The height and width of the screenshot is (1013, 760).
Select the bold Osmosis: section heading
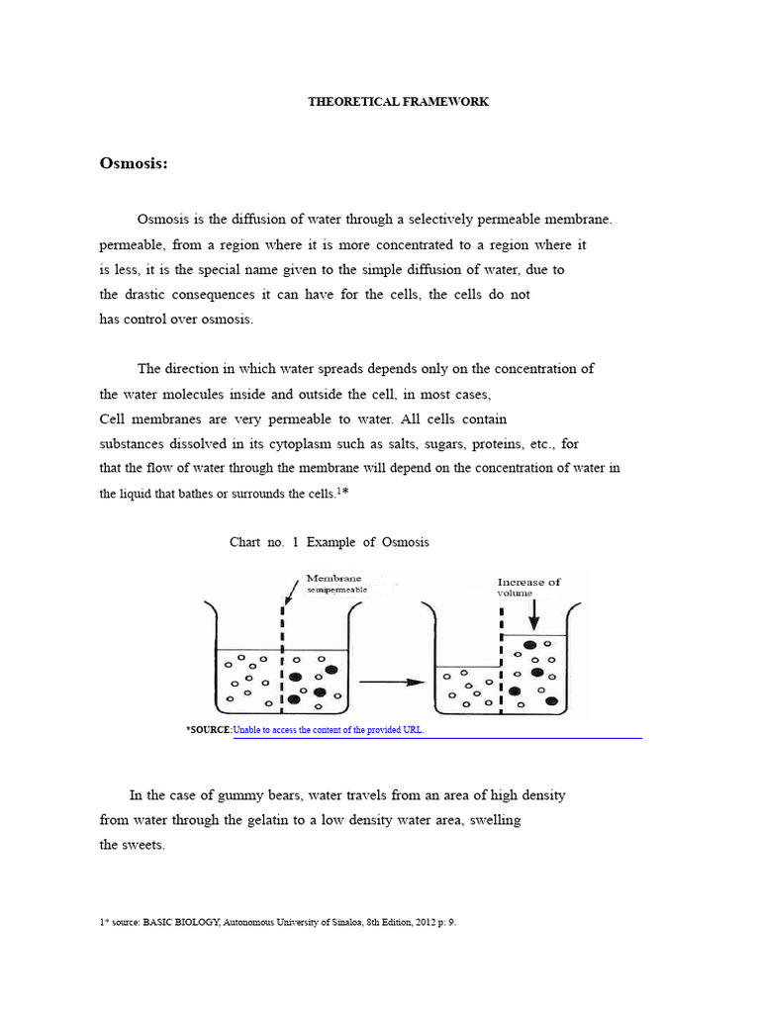(134, 163)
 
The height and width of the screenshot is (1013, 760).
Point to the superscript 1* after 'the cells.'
(342, 490)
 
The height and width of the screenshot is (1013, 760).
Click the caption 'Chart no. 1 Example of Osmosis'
(330, 543)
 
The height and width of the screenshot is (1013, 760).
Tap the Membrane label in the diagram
(333, 578)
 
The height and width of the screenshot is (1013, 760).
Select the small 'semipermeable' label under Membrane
(336, 590)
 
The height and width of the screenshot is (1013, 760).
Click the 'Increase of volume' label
(528, 588)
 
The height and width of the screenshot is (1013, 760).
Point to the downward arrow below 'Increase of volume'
(534, 614)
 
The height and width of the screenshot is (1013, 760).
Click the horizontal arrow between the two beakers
(390, 682)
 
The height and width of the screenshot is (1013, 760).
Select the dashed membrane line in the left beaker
(283, 658)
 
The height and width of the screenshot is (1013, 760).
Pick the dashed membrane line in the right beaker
(501, 661)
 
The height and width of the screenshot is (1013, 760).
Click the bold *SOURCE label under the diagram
(208, 730)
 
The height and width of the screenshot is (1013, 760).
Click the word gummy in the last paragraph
(231, 795)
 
